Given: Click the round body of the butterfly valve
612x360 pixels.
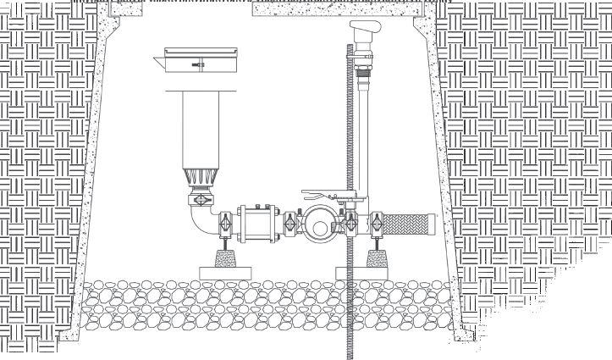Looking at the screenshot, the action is pyautogui.click(x=321, y=222).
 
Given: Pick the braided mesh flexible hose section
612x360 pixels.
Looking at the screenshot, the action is pyautogui.click(x=406, y=224).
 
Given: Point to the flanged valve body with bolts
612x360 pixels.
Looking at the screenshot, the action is pyautogui.click(x=257, y=224).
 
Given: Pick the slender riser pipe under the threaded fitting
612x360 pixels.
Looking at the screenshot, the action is pyautogui.click(x=363, y=136).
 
